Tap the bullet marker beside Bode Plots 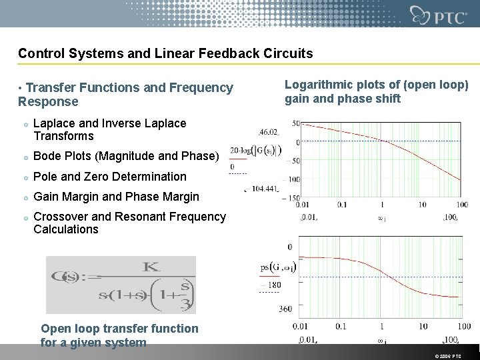24,157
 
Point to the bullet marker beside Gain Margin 24,197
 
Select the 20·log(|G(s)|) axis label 255,151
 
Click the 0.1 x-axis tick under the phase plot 341,326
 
